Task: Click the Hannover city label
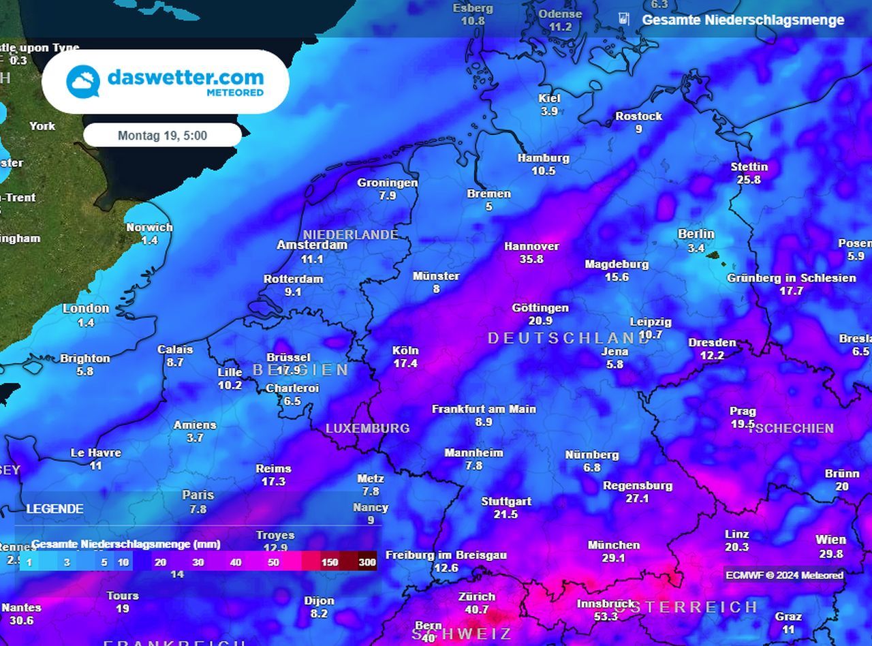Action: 531,246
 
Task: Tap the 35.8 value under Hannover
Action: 531,259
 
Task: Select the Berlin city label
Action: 696,234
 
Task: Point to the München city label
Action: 613,544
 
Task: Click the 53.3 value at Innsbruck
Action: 606,616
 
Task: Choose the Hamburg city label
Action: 543,157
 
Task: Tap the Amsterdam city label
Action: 312,245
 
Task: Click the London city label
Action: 86,308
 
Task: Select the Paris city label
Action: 198,495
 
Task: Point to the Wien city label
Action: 830,540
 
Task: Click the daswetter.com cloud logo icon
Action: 83,82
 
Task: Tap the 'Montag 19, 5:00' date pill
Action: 162,135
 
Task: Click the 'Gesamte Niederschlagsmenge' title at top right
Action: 743,20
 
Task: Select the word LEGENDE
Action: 54,508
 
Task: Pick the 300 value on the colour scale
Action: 368,562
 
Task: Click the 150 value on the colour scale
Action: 330,562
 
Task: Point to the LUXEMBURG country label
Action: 367,428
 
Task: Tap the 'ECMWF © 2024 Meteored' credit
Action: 784,575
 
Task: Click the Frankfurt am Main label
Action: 484,409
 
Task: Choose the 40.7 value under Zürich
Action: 476,609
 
